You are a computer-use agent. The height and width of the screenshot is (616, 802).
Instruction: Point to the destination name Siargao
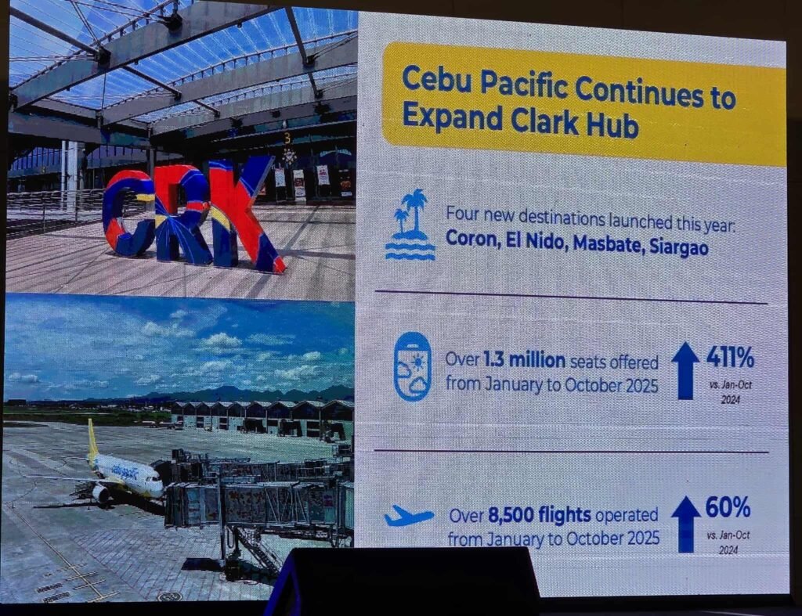[x=679, y=247]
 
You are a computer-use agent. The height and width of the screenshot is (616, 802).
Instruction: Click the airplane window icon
[x=412, y=366]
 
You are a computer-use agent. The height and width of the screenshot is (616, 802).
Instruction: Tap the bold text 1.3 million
[x=524, y=360]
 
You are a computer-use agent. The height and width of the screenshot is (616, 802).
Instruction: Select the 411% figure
[x=731, y=357]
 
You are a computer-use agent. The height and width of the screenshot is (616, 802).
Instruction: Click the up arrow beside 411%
[x=685, y=371]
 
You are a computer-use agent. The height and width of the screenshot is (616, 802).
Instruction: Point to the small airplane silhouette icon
[x=409, y=516]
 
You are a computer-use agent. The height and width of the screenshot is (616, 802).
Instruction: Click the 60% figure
[x=728, y=508]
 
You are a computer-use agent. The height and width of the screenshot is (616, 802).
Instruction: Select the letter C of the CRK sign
[x=129, y=214]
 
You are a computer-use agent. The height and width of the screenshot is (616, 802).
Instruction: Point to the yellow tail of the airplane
[x=92, y=441]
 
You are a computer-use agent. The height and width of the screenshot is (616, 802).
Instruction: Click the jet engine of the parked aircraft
[x=101, y=493]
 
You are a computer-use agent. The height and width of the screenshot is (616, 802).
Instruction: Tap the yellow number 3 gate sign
[x=287, y=138]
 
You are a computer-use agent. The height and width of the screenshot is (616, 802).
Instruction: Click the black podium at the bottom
[x=404, y=582]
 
